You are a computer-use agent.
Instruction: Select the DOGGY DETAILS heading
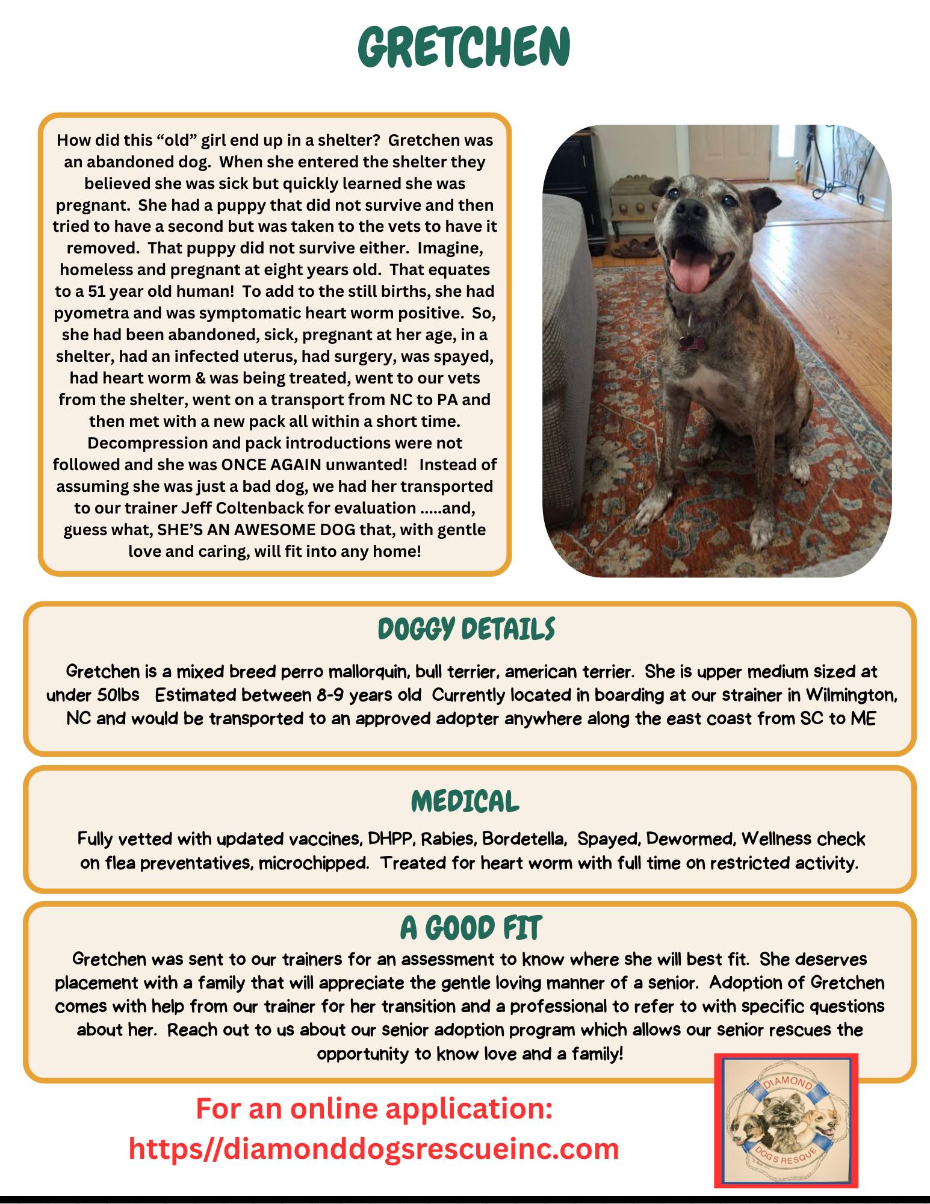click(466, 630)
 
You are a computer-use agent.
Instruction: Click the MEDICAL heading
click(465, 801)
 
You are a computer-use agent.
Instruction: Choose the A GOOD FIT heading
click(471, 928)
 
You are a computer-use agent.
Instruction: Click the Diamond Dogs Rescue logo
click(786, 1120)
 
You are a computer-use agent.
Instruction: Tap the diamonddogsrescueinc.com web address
click(374, 1149)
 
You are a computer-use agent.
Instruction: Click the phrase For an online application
click(374, 1108)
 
